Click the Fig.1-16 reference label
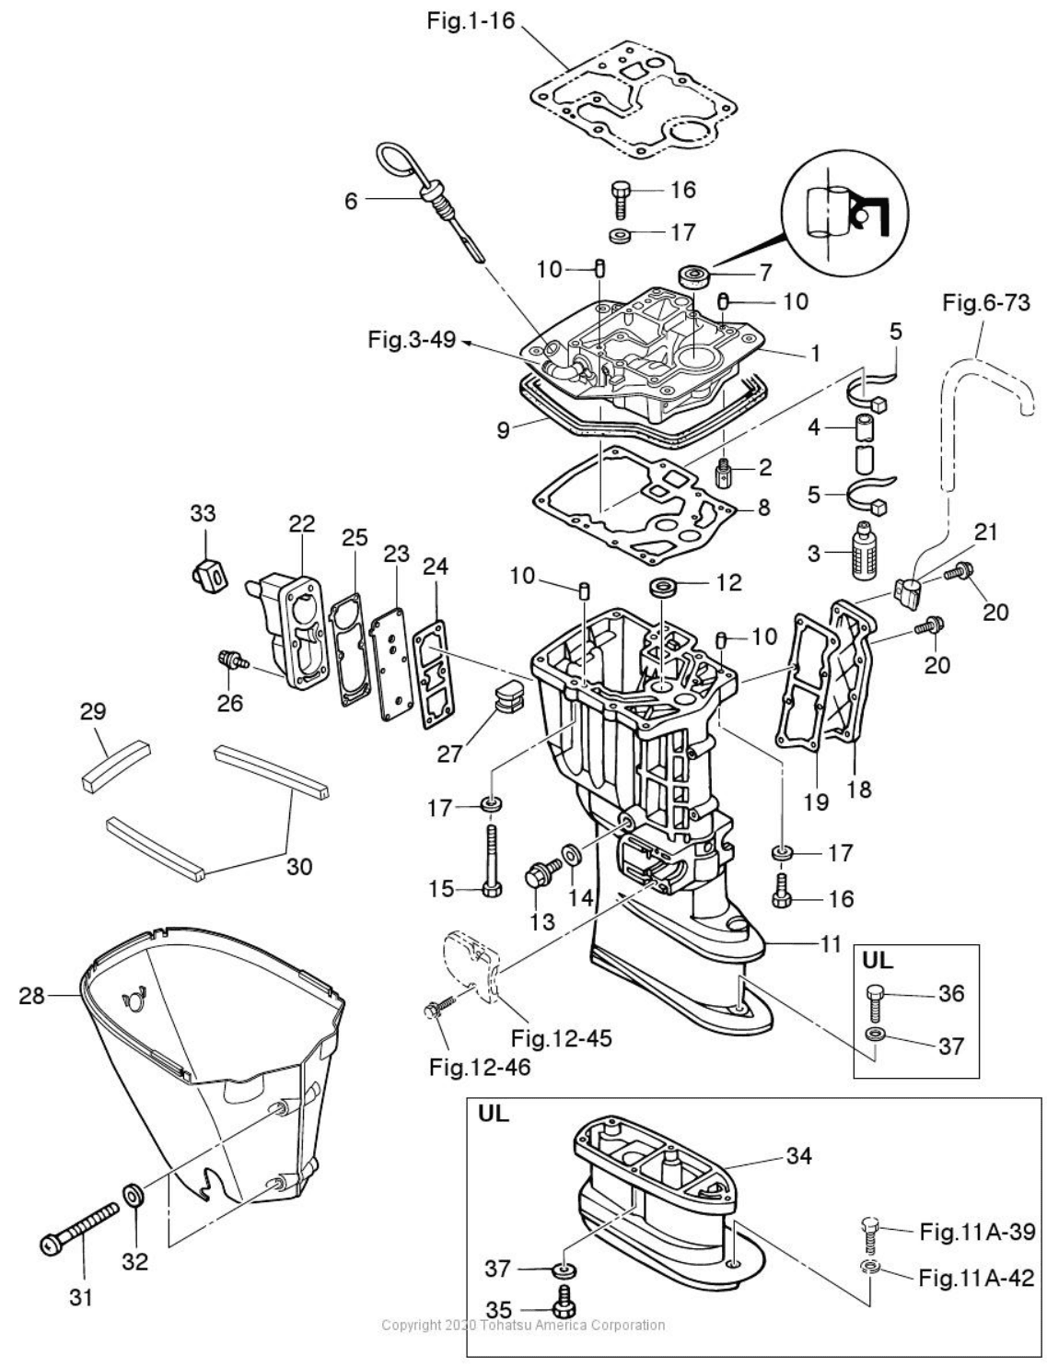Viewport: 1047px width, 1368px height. click(x=471, y=21)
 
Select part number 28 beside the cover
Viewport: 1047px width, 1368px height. click(x=32, y=995)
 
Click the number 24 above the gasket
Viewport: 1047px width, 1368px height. click(x=436, y=566)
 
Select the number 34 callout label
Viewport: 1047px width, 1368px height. click(x=799, y=1155)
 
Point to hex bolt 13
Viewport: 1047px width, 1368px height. click(x=540, y=873)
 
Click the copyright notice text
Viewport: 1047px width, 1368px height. click(x=523, y=1325)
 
